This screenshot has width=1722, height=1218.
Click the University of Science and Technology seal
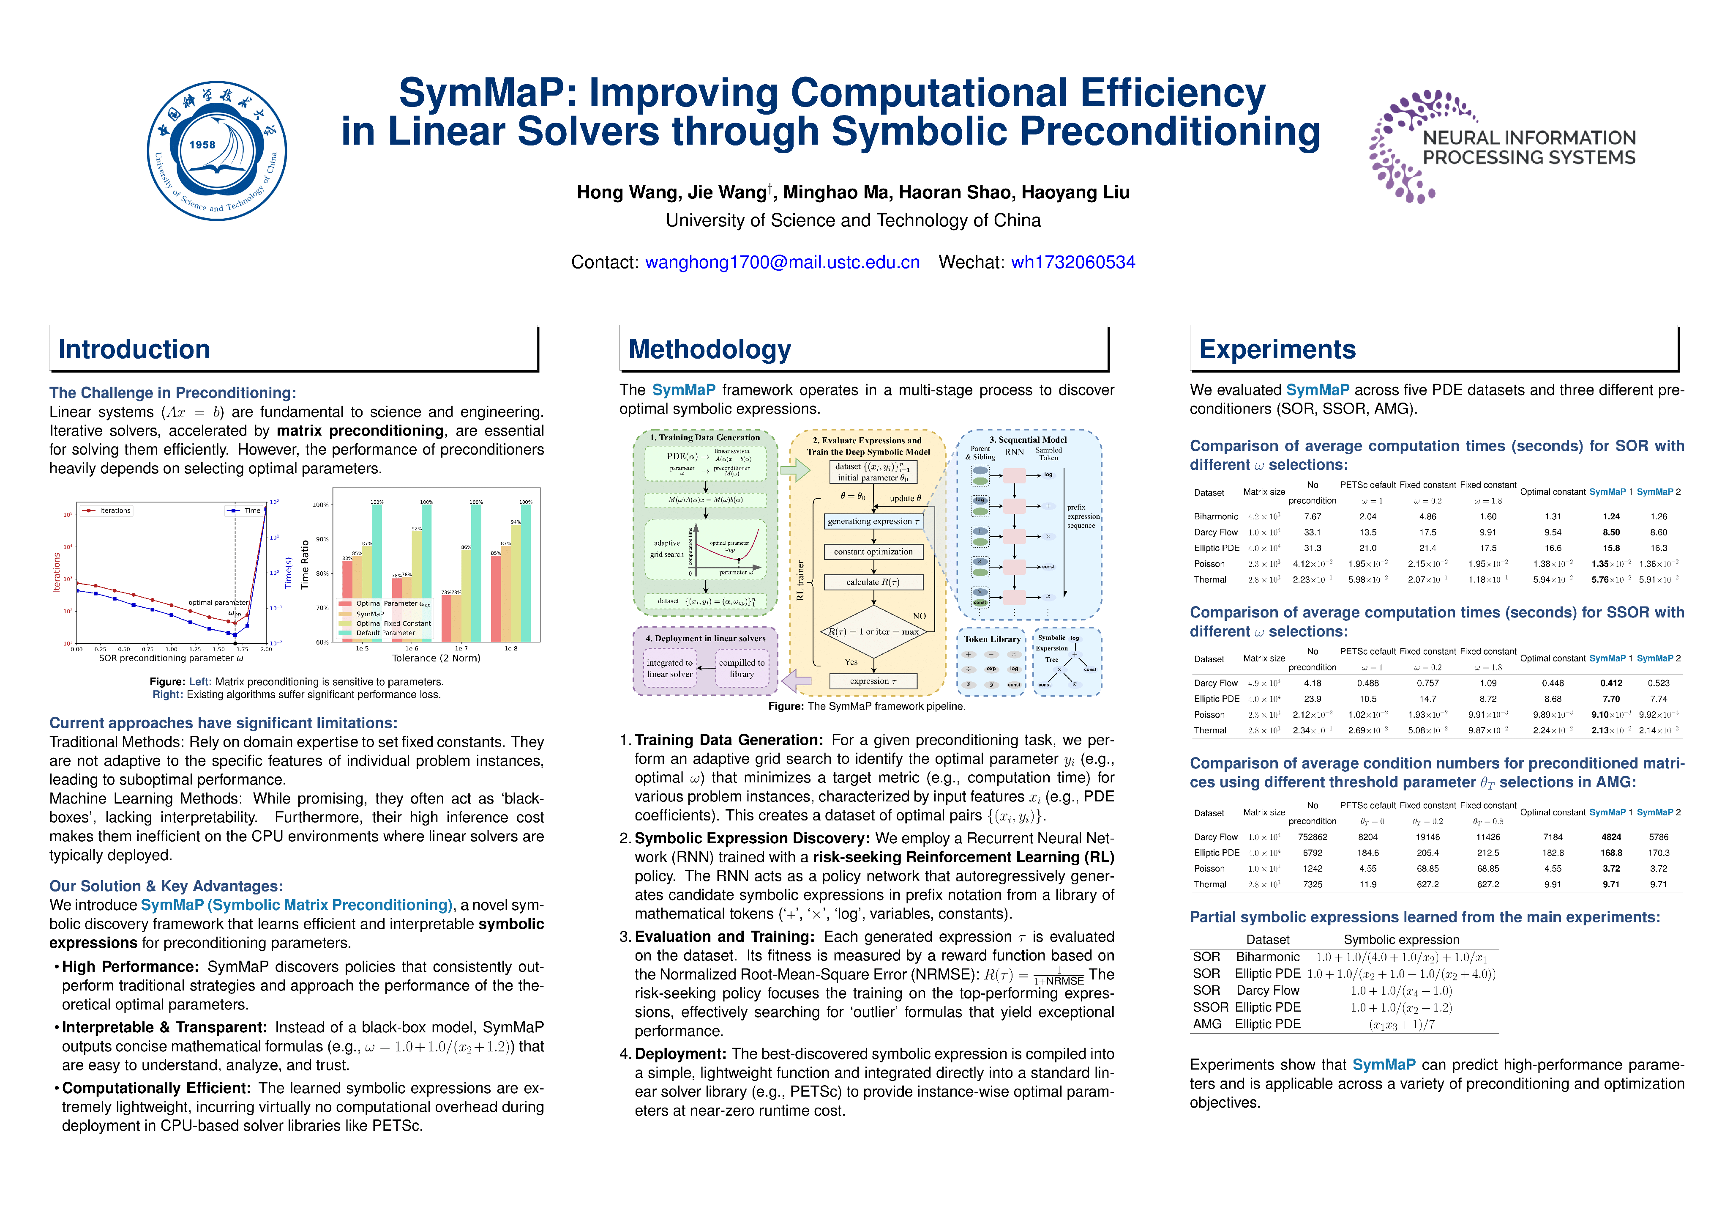[217, 151]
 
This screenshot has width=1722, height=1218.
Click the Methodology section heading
[710, 350]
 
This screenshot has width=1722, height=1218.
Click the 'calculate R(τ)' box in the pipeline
[873, 582]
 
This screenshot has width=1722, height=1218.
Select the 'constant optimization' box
[873, 551]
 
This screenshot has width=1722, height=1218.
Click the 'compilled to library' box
[741, 668]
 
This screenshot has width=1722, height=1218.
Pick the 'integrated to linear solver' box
[670, 668]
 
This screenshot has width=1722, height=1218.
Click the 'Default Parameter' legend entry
[385, 633]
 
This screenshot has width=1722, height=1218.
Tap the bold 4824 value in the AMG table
[1611, 837]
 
